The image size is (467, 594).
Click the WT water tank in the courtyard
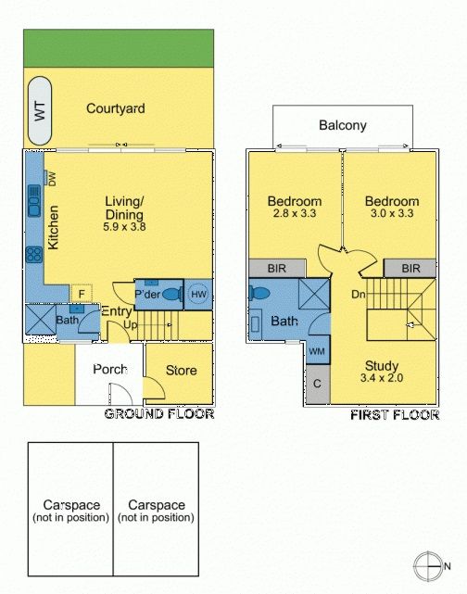[x=40, y=110]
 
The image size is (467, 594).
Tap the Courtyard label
[x=116, y=108]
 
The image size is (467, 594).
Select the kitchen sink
[x=34, y=201]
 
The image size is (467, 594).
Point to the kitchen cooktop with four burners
[x=34, y=255]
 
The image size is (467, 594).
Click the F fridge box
[x=82, y=294]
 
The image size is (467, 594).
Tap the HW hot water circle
[x=198, y=295]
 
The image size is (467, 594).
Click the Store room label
[x=181, y=371]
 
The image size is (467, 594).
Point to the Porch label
[x=110, y=370]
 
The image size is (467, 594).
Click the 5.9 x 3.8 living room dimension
[x=124, y=227]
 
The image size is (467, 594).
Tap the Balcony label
[x=343, y=125]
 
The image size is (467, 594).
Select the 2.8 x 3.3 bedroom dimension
[x=295, y=213]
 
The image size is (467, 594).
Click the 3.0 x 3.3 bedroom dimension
[x=392, y=213]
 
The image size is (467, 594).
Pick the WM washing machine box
[x=318, y=350]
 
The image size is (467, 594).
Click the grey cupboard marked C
[x=318, y=385]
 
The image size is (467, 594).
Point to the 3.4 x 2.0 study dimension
[x=382, y=378]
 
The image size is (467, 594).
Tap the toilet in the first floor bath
[x=259, y=293]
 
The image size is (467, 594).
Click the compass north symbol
[x=428, y=566]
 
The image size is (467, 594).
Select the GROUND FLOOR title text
[x=159, y=413]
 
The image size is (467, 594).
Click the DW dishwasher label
[x=52, y=179]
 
